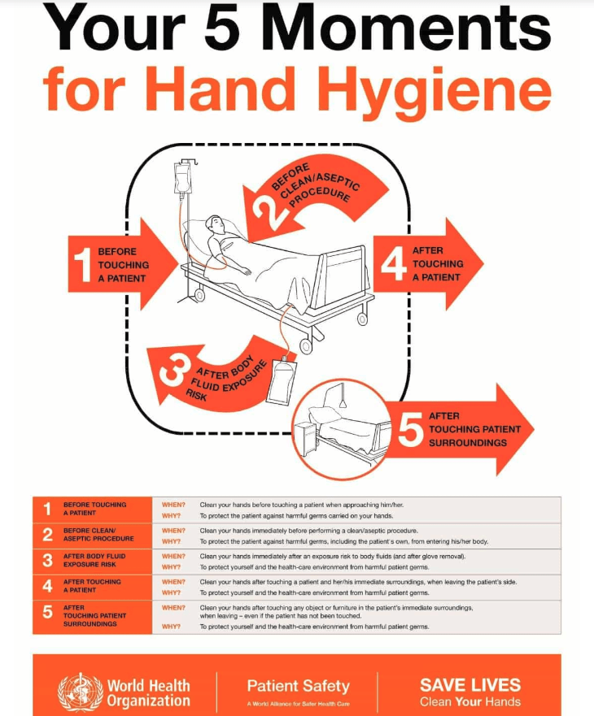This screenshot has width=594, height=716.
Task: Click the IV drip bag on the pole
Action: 181,179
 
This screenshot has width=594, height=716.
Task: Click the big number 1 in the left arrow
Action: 83,265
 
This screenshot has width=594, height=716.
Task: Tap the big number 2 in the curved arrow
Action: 269,210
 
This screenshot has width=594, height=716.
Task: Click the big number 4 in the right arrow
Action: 394,263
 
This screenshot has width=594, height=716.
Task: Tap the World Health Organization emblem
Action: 81,692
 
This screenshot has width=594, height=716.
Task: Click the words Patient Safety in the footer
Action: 298,686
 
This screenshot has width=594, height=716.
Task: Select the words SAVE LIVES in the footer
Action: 470,685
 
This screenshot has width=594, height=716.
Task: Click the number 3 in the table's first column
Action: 47,560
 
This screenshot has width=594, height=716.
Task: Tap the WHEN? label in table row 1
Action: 173,505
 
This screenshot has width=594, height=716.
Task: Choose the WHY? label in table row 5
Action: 171,627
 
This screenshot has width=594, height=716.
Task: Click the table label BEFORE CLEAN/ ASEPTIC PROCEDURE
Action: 98,535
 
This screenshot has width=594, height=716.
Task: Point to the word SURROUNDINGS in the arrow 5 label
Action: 467,443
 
